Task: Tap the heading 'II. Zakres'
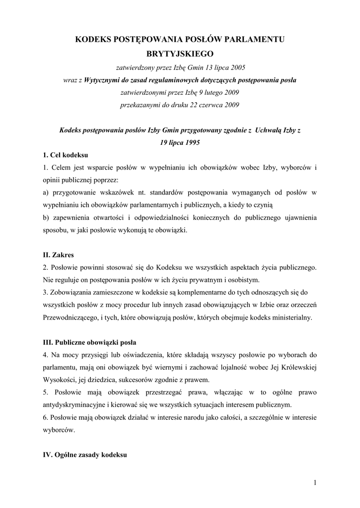point(58,255)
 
